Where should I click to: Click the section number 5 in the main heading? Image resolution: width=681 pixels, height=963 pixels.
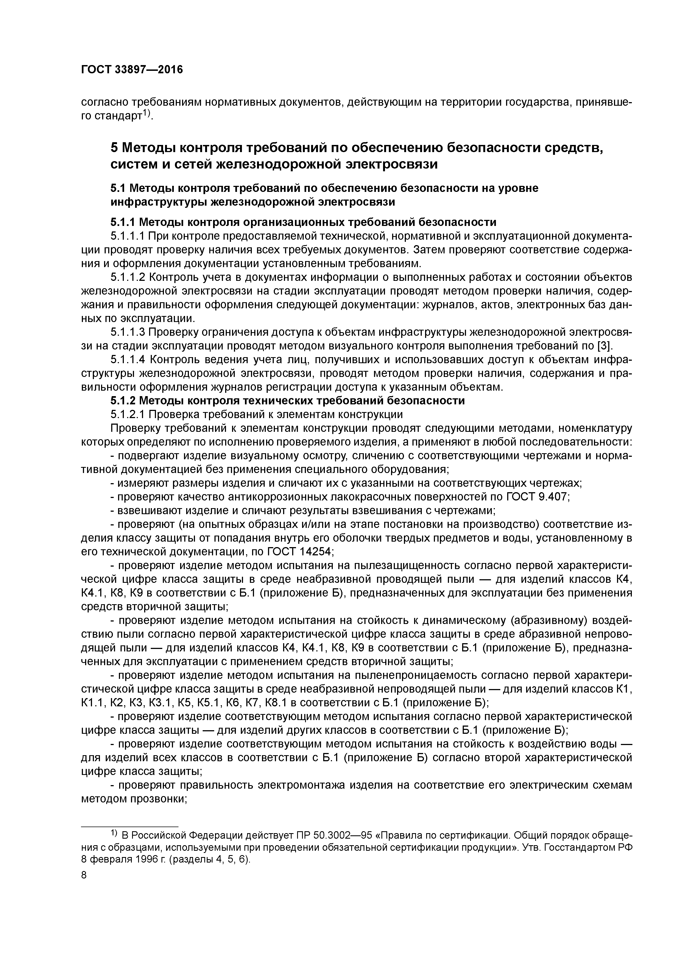[114, 148]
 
